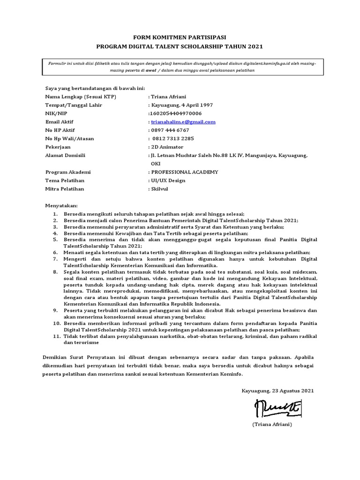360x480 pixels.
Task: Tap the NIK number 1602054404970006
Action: click(175, 113)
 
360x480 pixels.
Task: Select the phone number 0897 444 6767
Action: click(170, 130)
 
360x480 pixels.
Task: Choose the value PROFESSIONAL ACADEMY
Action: click(184, 172)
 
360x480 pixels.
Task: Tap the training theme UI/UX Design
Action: click(168, 180)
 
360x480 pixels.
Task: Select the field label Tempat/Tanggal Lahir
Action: click(74, 105)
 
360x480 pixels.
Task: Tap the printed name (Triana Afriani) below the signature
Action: click(272, 425)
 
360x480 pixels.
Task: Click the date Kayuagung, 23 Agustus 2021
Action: click(278, 390)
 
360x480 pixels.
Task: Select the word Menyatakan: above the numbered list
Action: click(61, 206)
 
